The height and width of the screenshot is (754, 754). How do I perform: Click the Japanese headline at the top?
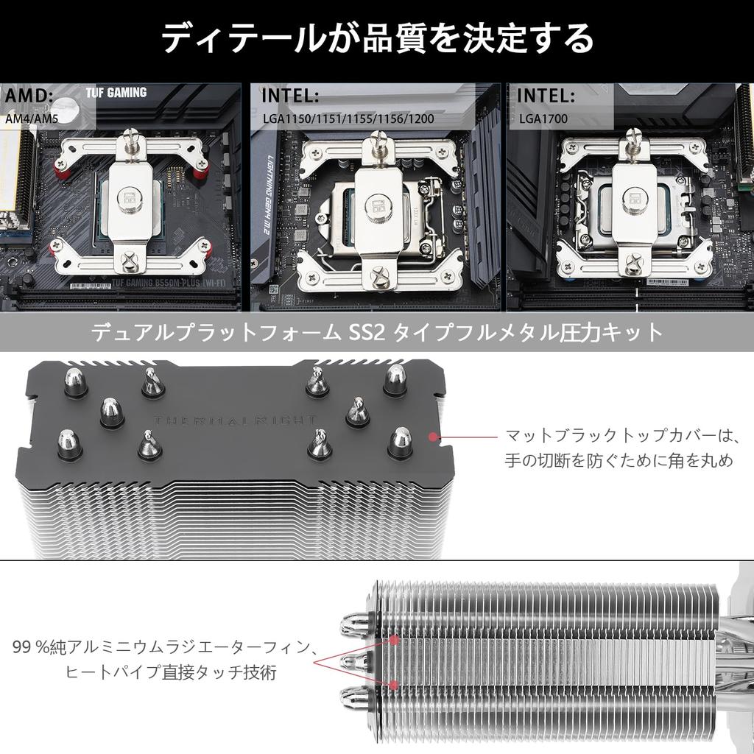tap(377, 38)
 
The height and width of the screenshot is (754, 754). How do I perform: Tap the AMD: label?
tap(29, 96)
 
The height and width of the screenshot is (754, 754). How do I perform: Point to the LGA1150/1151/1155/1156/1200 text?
tap(348, 117)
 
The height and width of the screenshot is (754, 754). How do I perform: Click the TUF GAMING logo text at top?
tap(116, 93)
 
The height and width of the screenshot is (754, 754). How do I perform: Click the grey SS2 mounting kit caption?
tap(377, 333)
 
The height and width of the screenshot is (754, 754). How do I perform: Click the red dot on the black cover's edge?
tap(433, 437)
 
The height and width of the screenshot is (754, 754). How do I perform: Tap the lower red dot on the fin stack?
tap(395, 685)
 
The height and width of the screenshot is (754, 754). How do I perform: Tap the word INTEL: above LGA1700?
tap(546, 96)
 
